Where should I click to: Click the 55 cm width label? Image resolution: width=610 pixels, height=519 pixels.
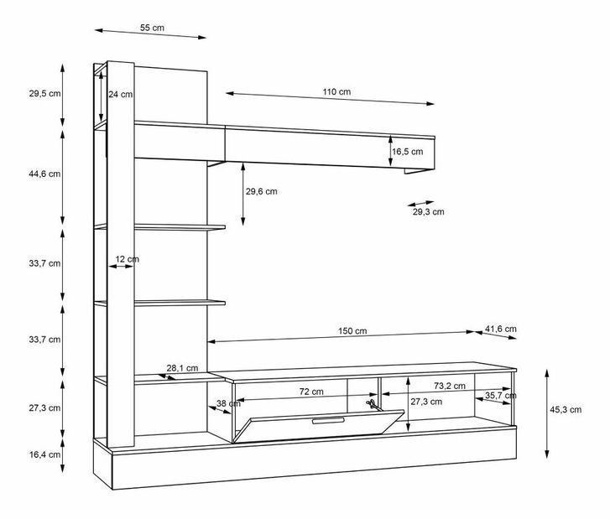[x=152, y=28]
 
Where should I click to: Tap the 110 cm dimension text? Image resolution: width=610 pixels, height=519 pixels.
[x=336, y=92]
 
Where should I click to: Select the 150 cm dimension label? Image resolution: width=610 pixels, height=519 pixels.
[x=352, y=331]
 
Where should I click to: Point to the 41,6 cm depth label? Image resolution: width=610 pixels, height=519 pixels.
[x=501, y=329]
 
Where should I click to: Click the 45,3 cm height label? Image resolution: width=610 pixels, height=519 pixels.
[x=566, y=410]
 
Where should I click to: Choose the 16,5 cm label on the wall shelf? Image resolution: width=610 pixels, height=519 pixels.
[x=407, y=152]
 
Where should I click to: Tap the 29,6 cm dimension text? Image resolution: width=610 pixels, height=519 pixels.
[x=262, y=191]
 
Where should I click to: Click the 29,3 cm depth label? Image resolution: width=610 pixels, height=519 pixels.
[x=428, y=212]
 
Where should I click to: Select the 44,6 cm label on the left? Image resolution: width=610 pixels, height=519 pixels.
[x=44, y=174]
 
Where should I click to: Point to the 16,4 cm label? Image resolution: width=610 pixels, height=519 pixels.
[x=44, y=454]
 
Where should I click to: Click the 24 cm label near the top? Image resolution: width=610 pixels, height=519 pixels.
[x=121, y=95]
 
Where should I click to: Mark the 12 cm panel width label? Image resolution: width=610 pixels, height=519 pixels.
[x=128, y=259]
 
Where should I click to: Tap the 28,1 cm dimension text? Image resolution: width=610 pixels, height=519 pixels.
[x=182, y=368]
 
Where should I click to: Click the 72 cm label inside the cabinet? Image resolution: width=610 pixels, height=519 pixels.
[x=311, y=392]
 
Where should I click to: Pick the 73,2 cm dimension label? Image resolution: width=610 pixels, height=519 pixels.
[x=450, y=386]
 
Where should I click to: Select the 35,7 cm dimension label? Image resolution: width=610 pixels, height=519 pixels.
[x=501, y=396]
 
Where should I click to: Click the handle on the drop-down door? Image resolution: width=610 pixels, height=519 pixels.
[x=328, y=420]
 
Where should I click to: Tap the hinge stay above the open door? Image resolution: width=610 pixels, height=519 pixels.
[x=373, y=404]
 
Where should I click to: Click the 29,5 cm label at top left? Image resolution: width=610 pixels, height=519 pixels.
[x=44, y=94]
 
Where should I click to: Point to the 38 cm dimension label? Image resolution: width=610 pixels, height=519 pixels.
[x=229, y=403]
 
